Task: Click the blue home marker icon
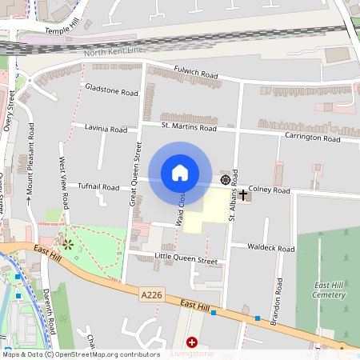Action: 180,173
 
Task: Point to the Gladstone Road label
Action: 112,90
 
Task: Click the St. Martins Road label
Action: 189,126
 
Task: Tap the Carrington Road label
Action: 313,138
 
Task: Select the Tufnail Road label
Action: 98,186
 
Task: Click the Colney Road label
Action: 269,190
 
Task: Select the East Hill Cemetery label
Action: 330,290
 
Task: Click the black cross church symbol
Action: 243,194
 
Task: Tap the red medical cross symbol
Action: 191,342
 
